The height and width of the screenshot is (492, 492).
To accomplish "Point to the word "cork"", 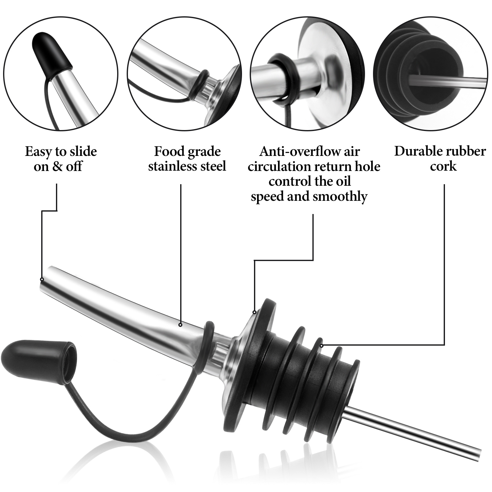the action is (443, 166).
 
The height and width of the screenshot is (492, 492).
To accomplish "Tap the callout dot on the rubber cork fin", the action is (321, 345).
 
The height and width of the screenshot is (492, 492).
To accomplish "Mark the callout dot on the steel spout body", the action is (181, 324).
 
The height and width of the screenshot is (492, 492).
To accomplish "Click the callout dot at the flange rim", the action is (255, 312).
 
